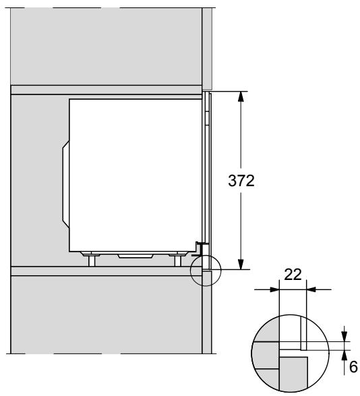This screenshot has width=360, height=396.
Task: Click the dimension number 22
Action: click(292, 275)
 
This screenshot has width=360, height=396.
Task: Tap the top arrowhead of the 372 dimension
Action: click(241, 96)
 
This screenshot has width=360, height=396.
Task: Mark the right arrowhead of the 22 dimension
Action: click(311, 289)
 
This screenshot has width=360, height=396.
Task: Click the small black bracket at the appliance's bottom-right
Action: click(199, 244)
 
